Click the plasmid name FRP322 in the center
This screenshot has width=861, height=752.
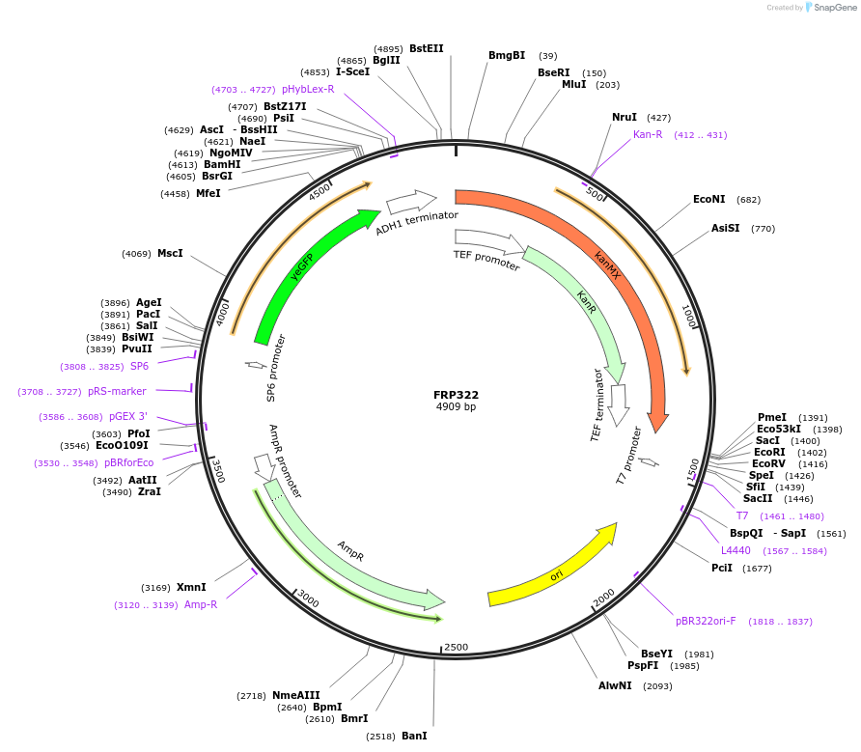[456, 395]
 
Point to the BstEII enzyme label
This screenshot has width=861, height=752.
[426, 48]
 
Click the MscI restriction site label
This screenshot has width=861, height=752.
[170, 253]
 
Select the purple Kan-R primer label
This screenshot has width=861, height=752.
[648, 134]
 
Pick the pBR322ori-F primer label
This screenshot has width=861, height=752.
[706, 621]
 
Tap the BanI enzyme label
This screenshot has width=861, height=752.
[414, 736]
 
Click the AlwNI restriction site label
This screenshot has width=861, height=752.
[615, 685]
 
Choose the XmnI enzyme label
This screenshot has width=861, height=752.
[191, 587]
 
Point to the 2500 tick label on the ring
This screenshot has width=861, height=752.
[456, 647]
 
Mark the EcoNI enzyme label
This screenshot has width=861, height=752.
[708, 200]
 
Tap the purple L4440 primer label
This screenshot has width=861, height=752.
[736, 550]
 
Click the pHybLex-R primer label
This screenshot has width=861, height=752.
[308, 89]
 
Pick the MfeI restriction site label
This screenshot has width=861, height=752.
[208, 193]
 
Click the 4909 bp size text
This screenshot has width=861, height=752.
[456, 407]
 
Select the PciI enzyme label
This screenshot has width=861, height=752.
[722, 568]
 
